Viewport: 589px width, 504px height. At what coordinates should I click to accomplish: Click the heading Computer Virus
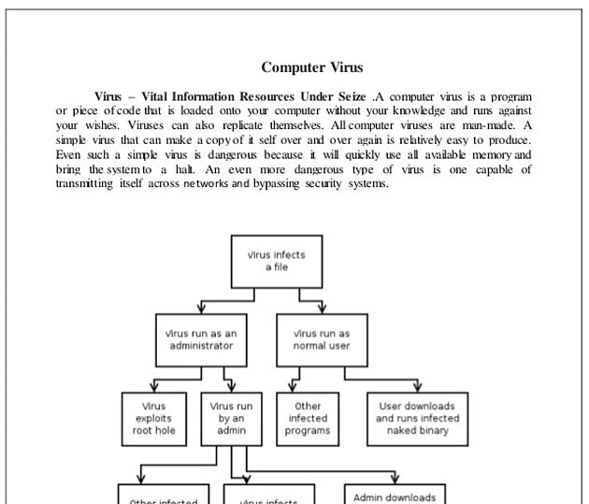click(x=311, y=67)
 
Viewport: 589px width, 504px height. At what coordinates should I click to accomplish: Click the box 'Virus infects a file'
click(x=276, y=261)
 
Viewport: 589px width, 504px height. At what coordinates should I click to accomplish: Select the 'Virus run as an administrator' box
click(x=201, y=339)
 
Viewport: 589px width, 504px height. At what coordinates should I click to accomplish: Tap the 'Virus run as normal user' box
click(x=322, y=339)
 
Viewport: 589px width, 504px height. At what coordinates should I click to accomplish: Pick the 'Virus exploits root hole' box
click(x=153, y=419)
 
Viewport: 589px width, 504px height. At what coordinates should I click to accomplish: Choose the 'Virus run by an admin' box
click(x=231, y=419)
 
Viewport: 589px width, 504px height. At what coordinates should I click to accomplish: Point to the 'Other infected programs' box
click(x=308, y=419)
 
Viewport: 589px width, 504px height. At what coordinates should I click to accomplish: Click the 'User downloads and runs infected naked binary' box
click(x=416, y=419)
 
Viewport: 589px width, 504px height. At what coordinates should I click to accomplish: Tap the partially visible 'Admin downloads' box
click(x=394, y=496)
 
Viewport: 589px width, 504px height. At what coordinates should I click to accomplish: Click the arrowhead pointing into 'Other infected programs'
click(x=293, y=387)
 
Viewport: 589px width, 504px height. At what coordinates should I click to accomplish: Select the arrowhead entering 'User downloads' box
click(x=416, y=387)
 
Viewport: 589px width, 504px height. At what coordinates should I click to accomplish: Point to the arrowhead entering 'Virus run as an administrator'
click(x=201, y=309)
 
